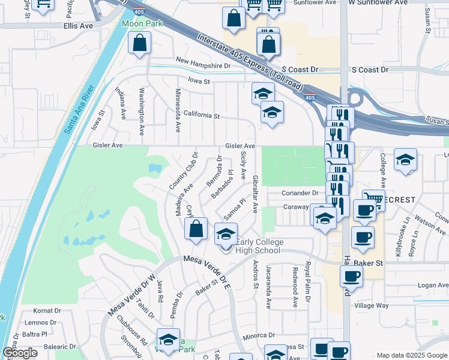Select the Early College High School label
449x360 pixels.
[258, 247]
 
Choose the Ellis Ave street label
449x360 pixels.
[78, 26]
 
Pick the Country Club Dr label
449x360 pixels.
[183, 171]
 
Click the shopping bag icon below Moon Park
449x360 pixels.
[139, 44]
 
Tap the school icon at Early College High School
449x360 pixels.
[226, 234]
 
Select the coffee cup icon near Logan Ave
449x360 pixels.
[351, 277]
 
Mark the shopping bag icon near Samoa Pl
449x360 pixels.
[196, 229]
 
